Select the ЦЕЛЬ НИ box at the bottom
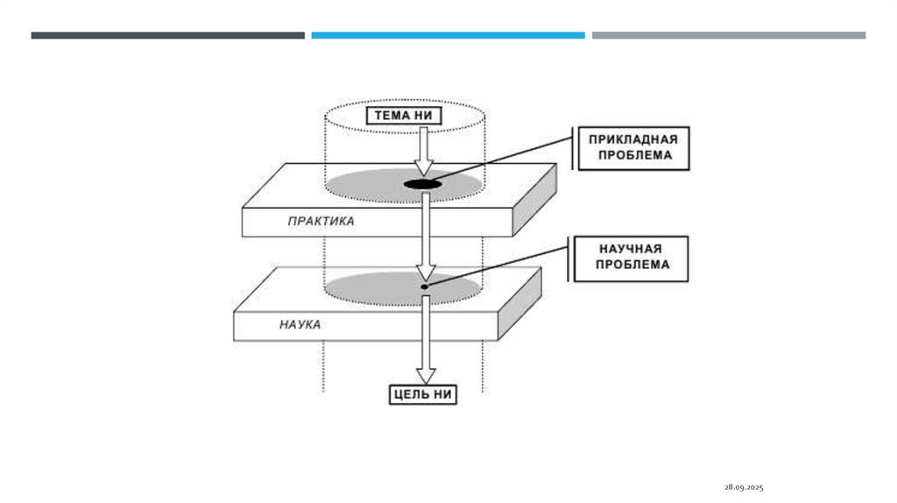tap(424, 394)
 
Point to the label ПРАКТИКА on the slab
tap(321, 222)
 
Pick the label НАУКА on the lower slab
tap(300, 324)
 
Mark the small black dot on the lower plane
tap(424, 287)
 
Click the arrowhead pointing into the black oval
tap(424, 166)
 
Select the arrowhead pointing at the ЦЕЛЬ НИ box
tap(425, 374)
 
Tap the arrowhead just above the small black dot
tap(425, 270)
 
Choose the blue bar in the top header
tap(448, 35)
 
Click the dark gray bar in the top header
tap(167, 35)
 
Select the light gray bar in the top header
tap(728, 35)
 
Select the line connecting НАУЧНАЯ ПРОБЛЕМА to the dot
tap(499, 266)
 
